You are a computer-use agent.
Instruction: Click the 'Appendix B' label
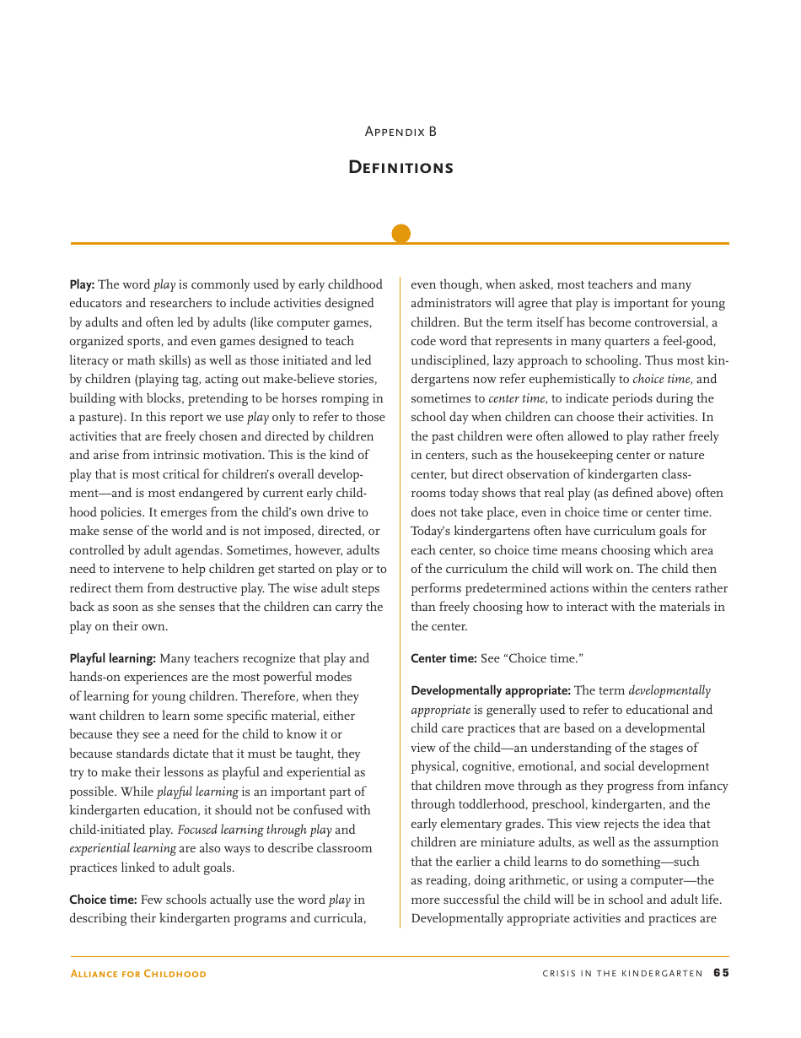(400, 132)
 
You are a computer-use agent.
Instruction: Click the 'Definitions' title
(400, 167)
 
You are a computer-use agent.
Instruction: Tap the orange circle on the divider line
(401, 234)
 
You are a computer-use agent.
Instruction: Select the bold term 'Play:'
(82, 284)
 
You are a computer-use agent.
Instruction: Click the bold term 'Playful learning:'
(112, 658)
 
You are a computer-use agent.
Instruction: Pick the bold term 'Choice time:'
(103, 900)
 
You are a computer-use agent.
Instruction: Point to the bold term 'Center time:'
(444, 658)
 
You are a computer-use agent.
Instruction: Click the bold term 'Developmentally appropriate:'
(490, 690)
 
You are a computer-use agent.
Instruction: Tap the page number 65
(721, 973)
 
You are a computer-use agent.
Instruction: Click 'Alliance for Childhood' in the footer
(137, 974)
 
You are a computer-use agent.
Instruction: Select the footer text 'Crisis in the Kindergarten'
(622, 973)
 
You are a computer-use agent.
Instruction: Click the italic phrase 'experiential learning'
(122, 848)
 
